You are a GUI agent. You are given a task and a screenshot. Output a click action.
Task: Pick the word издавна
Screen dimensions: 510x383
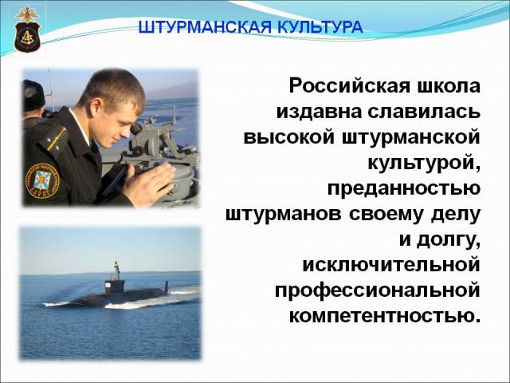[x=319, y=112]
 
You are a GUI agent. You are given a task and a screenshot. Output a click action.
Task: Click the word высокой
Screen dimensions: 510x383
[x=288, y=137]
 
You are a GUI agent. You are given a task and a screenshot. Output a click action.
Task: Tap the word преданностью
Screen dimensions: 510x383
[x=404, y=188]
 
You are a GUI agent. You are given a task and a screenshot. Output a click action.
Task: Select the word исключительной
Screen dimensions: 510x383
[x=391, y=265]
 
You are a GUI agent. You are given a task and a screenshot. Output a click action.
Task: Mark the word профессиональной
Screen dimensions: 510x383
[x=378, y=290]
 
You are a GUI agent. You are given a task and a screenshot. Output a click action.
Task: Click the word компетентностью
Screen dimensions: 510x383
[x=385, y=316]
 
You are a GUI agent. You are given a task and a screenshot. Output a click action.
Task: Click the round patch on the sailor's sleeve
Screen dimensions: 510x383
[x=42, y=181]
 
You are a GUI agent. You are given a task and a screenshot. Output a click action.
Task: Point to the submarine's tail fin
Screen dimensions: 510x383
[x=167, y=286]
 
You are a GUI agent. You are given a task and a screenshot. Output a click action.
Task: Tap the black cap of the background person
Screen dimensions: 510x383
[x=33, y=96]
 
